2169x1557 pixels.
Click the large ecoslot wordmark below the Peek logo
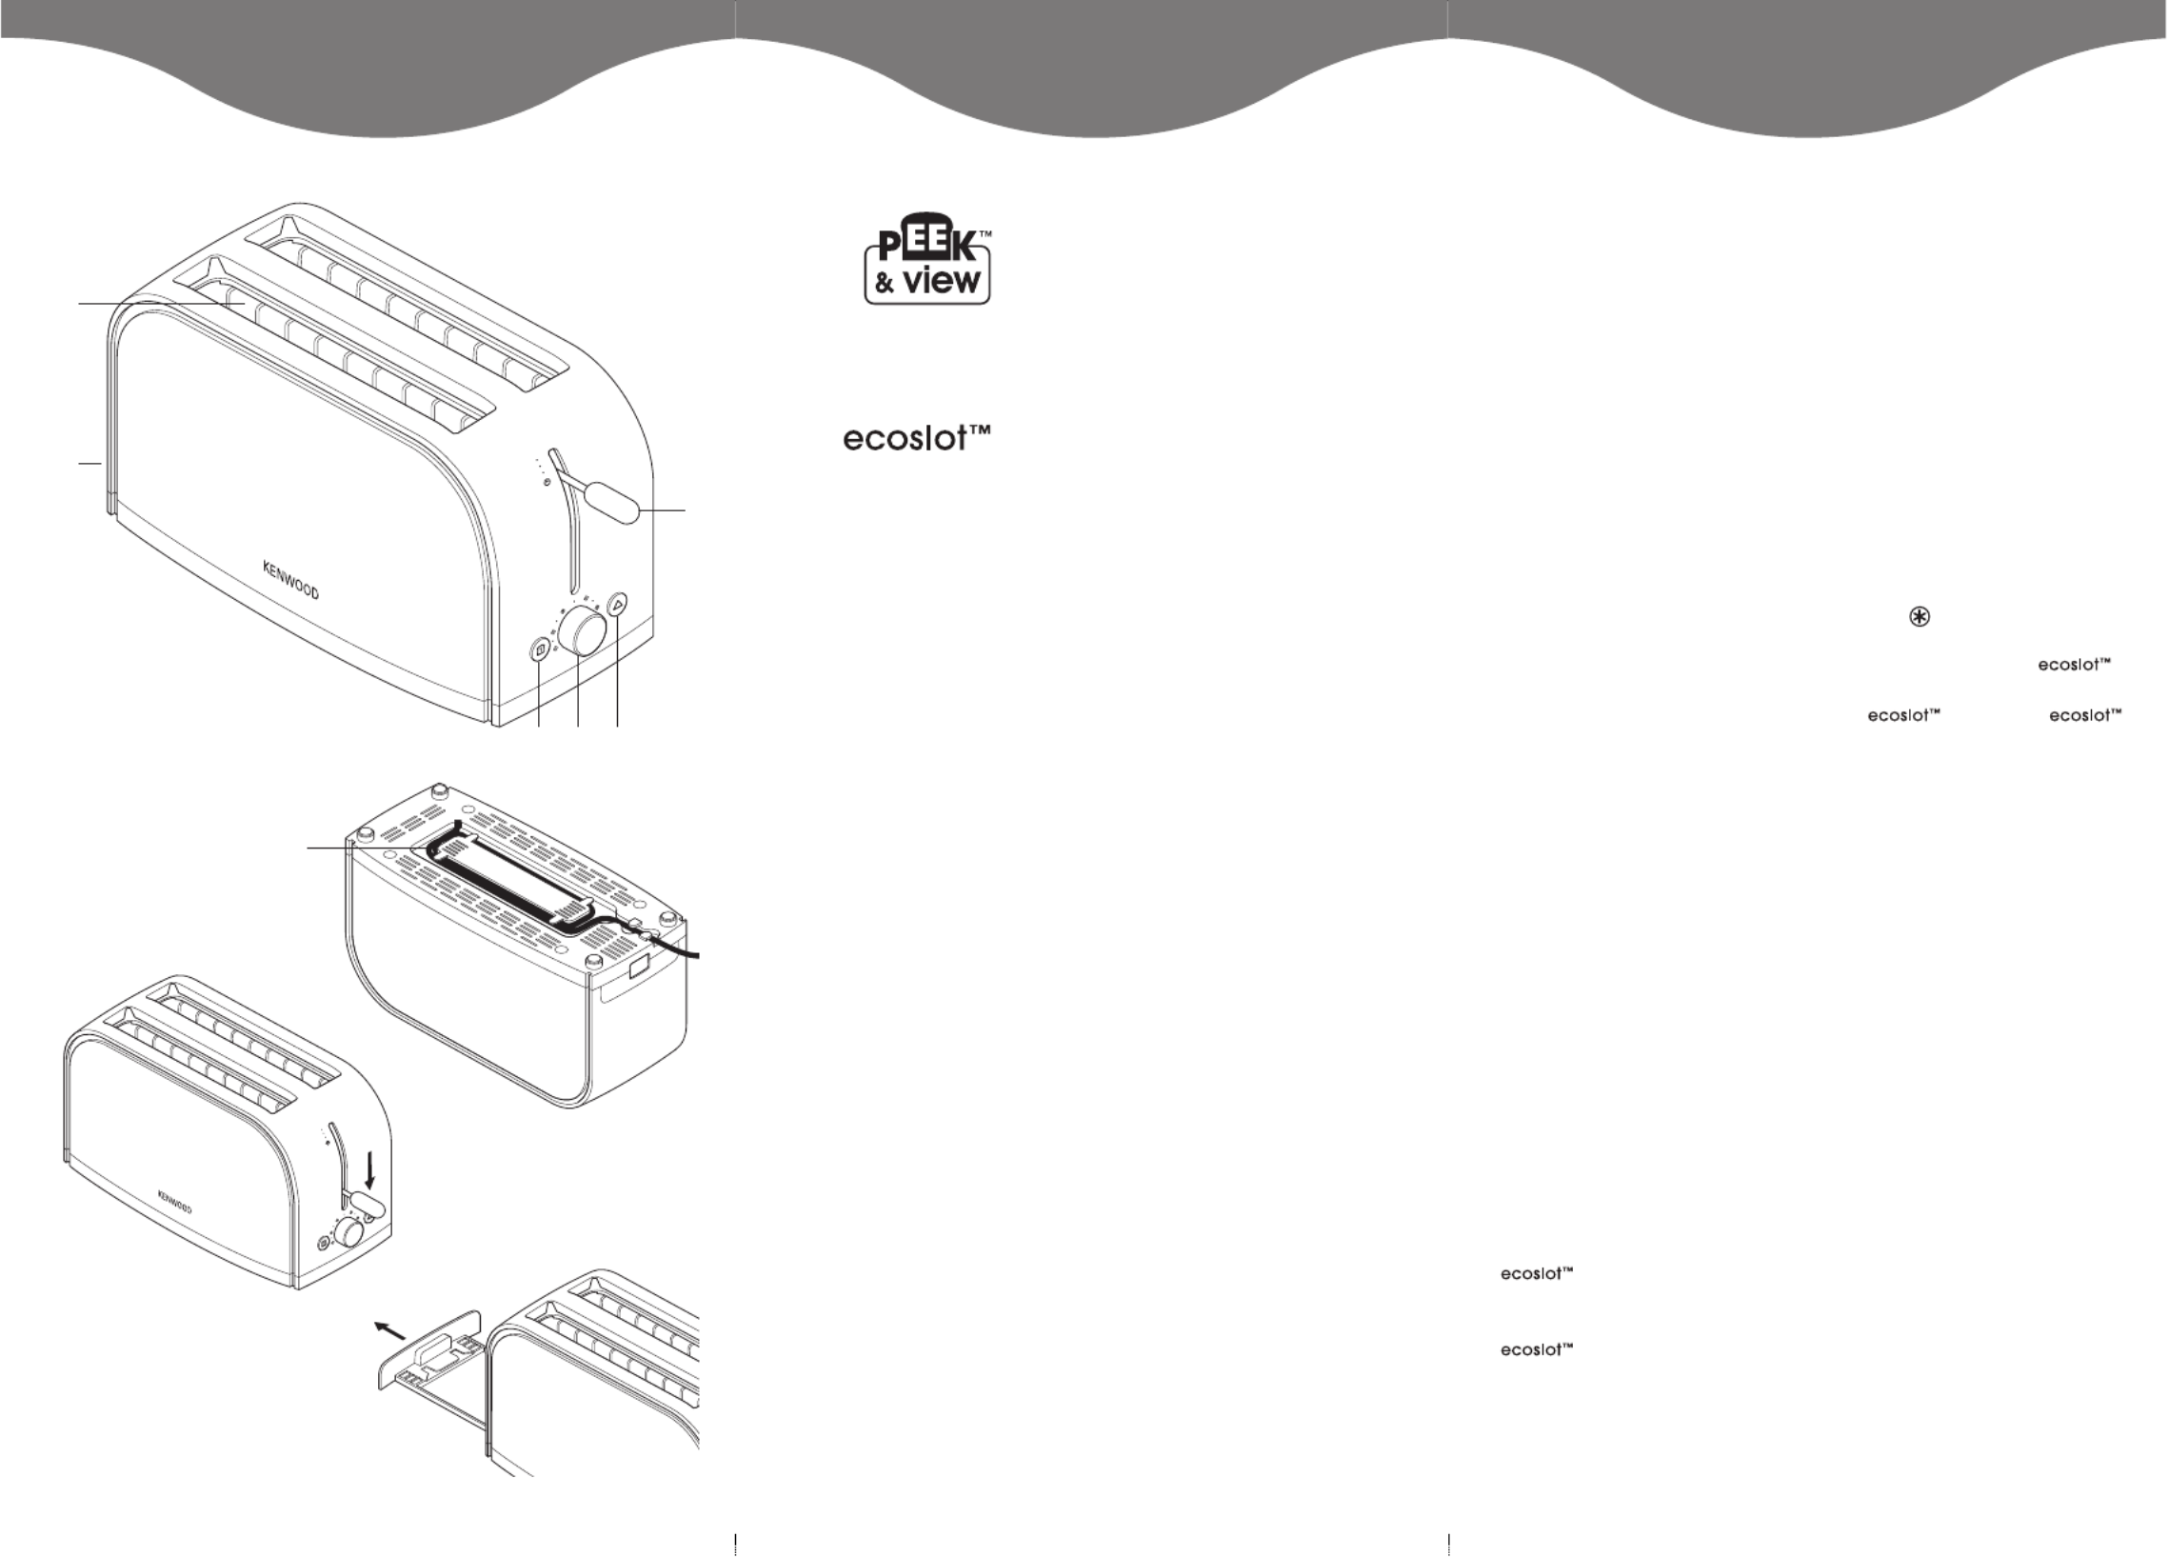pos(915,438)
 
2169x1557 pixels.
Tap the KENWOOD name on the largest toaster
pos(290,581)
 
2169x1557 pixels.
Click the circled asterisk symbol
pos(1919,617)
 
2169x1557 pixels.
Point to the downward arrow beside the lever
pos(370,1168)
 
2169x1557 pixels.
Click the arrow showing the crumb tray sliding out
pos(389,1330)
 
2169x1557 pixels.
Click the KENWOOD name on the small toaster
pos(174,1202)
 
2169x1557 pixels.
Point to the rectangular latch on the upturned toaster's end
pos(638,968)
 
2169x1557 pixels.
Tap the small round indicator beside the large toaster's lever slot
pos(547,483)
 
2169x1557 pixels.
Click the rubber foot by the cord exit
pos(593,958)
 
